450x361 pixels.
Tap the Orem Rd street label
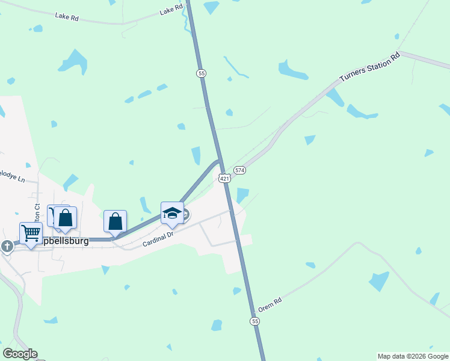[x=270, y=305]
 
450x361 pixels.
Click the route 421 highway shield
[x=224, y=178]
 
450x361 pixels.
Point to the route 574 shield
[x=240, y=170]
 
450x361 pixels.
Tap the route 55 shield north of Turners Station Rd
[x=202, y=73]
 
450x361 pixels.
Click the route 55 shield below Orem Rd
[x=256, y=322]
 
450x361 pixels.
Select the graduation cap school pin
[x=172, y=212]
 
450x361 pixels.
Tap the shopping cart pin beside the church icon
[x=31, y=233]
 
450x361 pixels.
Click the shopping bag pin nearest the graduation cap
[x=115, y=221]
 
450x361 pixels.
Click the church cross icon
[x=7, y=245]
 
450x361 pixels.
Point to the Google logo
[x=20, y=354]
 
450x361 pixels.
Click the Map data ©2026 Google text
[x=413, y=356]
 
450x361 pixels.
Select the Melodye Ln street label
[x=12, y=179]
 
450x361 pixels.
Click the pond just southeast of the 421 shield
[x=242, y=195]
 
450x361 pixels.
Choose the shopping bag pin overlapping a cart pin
[x=66, y=218]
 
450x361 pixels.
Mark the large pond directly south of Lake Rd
[x=73, y=61]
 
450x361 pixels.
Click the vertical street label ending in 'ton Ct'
[x=37, y=214]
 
